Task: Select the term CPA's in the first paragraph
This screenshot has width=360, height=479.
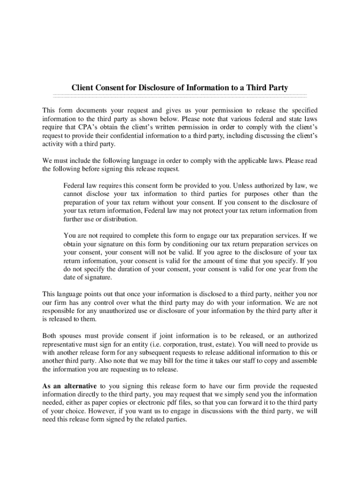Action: [88, 127]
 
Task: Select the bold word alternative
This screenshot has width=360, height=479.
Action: [79, 386]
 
